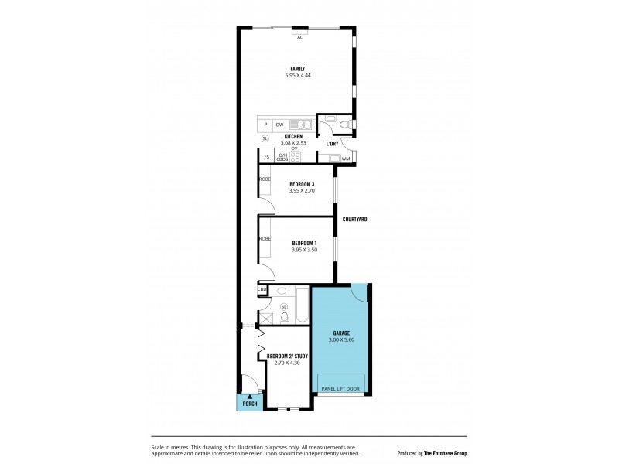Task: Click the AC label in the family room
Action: [x=299, y=37]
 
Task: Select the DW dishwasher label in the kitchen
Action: [x=279, y=125]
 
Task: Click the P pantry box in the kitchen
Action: [x=265, y=125]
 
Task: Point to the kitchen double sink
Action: [x=304, y=125]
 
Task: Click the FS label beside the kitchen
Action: [x=266, y=157]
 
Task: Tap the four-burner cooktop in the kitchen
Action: [x=295, y=158]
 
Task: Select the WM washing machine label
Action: [x=345, y=159]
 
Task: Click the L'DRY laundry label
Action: [x=332, y=143]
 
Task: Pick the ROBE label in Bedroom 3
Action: [x=265, y=179]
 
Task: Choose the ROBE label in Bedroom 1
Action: [x=265, y=239]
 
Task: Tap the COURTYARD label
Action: [x=354, y=220]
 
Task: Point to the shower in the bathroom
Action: [x=266, y=317]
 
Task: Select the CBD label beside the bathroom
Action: [x=262, y=290]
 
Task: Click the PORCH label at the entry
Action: [x=250, y=404]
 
